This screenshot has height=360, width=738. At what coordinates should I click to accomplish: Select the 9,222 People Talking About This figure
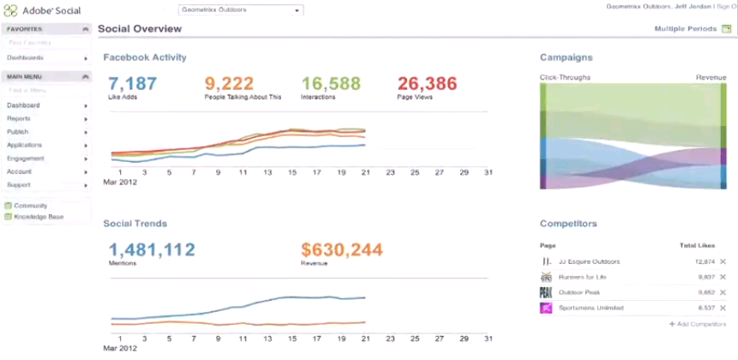click(231, 83)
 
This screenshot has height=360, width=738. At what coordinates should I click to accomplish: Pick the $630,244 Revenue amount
click(341, 249)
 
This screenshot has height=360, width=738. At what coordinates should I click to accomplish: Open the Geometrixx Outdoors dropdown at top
click(241, 10)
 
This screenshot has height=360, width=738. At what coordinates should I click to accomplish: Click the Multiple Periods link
click(686, 29)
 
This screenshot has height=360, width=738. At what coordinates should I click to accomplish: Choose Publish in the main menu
click(18, 132)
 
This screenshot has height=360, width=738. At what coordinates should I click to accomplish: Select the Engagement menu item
click(25, 159)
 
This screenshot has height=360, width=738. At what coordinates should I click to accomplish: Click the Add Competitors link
click(698, 324)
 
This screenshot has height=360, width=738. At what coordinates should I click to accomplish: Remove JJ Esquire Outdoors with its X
click(723, 261)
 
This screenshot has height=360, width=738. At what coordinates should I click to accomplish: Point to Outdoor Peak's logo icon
click(546, 292)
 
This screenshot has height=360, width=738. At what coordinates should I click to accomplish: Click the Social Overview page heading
click(140, 29)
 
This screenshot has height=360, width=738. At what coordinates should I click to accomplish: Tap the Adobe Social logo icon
click(11, 10)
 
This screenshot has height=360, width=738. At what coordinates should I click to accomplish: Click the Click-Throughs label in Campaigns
click(562, 77)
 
